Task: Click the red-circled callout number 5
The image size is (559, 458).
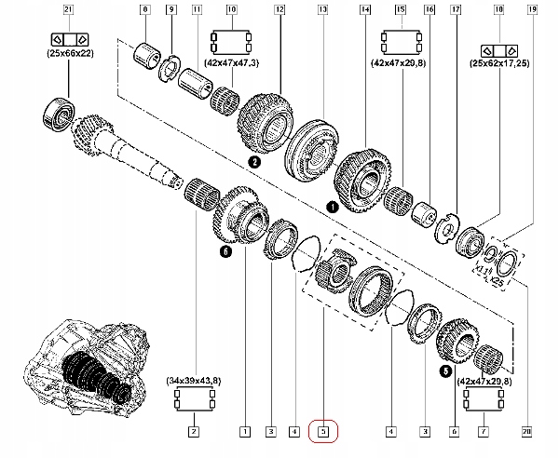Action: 322,431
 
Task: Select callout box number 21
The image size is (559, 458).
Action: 67,9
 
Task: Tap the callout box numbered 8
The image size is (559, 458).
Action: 143,9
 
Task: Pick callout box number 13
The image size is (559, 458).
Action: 322,9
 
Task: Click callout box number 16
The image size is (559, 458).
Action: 429,9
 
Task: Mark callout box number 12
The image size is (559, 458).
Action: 279,9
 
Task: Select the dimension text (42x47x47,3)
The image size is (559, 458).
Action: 232,61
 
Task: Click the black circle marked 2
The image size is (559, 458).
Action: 252,161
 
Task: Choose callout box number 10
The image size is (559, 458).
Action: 231,9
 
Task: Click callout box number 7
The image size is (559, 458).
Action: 482,431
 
